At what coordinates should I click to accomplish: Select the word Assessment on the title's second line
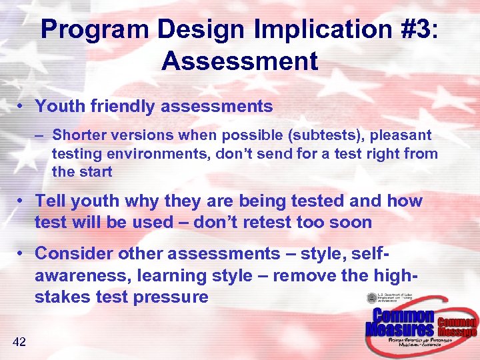239,61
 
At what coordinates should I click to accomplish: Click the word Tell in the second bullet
50,201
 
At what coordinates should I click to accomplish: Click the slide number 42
19,342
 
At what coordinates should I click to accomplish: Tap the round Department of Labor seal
371,299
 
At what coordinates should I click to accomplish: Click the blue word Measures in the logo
399,329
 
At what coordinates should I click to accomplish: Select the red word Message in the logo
457,331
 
